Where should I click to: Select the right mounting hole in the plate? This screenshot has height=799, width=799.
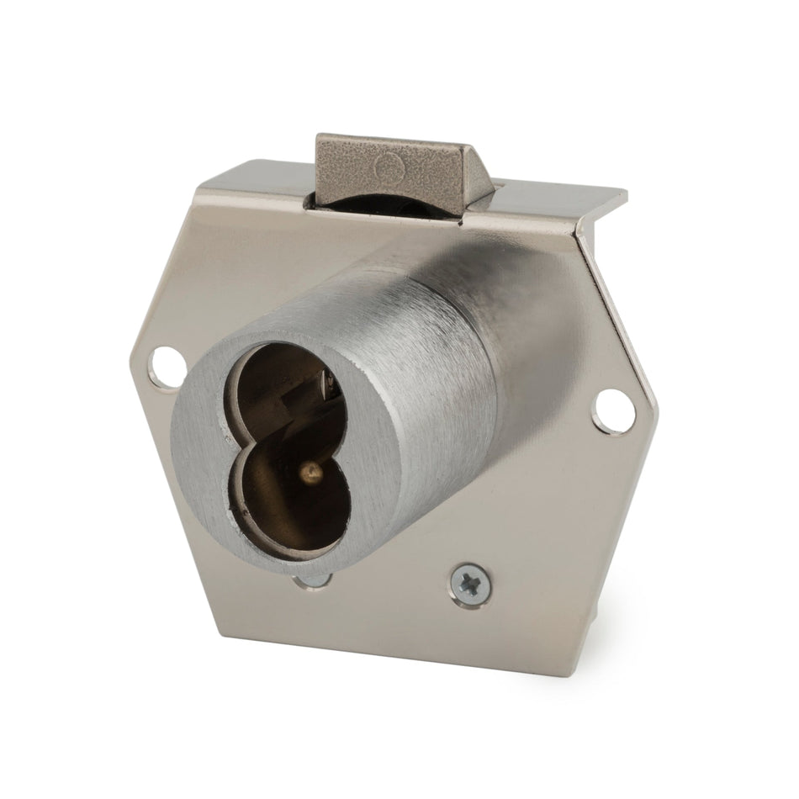(611, 407)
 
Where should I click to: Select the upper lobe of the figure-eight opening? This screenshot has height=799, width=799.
(278, 387)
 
